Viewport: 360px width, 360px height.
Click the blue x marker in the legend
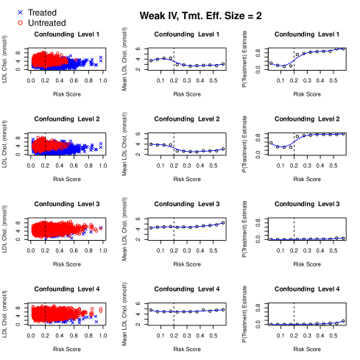pos(20,12)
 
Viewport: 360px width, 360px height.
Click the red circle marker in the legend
pos(20,22)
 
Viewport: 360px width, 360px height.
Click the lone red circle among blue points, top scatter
pos(75,60)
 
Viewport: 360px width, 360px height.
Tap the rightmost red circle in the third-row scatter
pos(100,228)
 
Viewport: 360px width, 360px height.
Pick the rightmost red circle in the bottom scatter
pos(100,309)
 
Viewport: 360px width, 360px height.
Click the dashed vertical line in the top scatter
pos(46,59)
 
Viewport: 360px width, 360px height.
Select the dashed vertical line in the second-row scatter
pos(46,144)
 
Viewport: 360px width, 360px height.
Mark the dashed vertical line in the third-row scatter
pos(46,230)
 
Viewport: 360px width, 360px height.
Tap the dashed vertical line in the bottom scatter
pos(46,314)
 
